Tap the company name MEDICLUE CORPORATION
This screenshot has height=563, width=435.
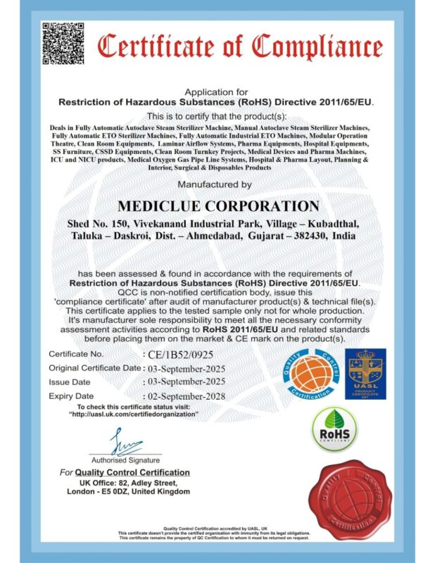pyautogui.click(x=217, y=205)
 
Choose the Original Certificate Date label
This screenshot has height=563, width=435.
pyautogui.click(x=94, y=368)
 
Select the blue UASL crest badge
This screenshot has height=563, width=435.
pyautogui.click(x=367, y=374)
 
